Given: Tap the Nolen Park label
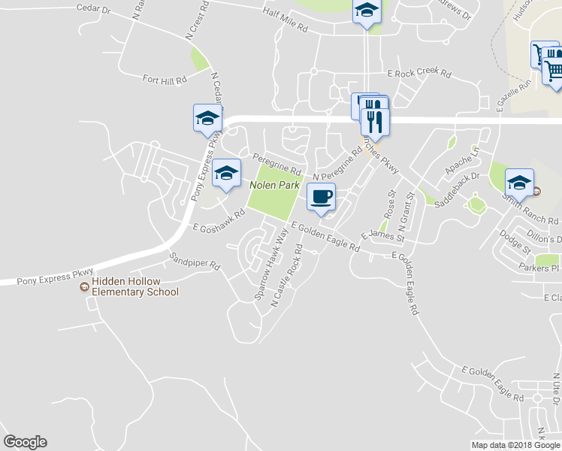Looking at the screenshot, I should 274,185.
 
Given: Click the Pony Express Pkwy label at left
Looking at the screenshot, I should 47,275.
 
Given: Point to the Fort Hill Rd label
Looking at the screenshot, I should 164,78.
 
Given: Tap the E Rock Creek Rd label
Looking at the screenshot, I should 418,74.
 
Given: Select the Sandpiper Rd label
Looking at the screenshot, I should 195,261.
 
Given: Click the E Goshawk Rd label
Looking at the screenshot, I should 219,220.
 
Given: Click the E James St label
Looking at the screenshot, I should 382,236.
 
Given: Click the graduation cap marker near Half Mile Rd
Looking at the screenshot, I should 367,11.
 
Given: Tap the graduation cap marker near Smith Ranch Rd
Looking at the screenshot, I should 519,183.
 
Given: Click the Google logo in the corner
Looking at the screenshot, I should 25,442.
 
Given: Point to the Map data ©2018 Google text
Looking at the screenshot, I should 515,445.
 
